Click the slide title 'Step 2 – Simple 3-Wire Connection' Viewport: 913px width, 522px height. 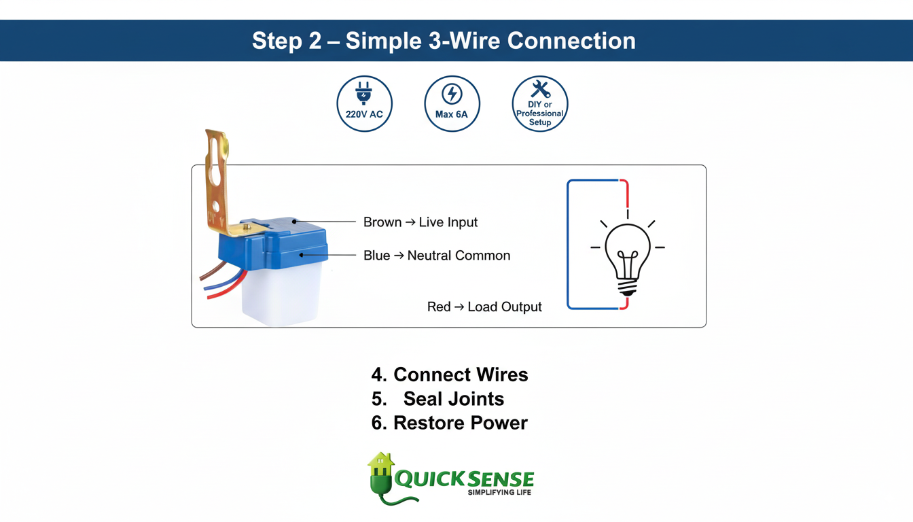pyautogui.click(x=444, y=41)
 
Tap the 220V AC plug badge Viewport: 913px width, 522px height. pyautogui.click(x=364, y=103)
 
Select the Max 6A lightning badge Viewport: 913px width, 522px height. pyautogui.click(x=452, y=103)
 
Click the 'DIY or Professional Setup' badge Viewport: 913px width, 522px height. pyautogui.click(x=539, y=103)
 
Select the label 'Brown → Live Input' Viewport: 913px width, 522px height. pyautogui.click(x=420, y=222)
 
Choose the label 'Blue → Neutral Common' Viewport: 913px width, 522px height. pyautogui.click(x=436, y=256)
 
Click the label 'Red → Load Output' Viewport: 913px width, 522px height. pyautogui.click(x=484, y=307)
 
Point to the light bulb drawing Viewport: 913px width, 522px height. pyautogui.click(x=627, y=255)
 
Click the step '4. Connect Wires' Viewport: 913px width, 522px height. pyautogui.click(x=449, y=375)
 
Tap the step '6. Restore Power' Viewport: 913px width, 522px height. pyautogui.click(x=449, y=423)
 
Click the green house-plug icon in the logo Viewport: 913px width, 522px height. pyautogui.click(x=381, y=476)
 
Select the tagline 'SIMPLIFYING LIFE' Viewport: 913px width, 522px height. pyautogui.click(x=499, y=492)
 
